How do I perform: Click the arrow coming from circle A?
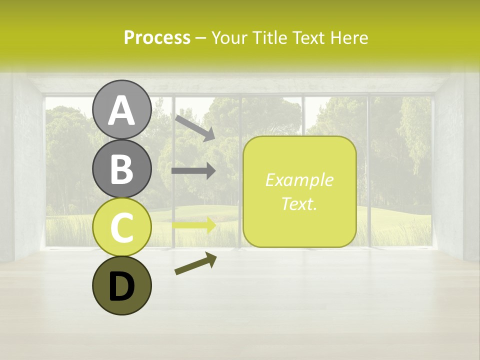(x=195, y=128)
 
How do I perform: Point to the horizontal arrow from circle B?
(x=193, y=171)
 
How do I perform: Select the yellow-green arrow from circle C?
(x=194, y=225)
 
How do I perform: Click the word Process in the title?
(x=157, y=37)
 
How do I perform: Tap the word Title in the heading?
(x=270, y=37)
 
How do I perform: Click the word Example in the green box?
(x=299, y=180)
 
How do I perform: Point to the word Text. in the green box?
(x=299, y=203)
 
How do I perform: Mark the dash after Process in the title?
(x=201, y=38)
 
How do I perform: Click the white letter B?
(x=121, y=169)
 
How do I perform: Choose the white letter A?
(x=121, y=110)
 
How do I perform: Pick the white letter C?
(x=121, y=228)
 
